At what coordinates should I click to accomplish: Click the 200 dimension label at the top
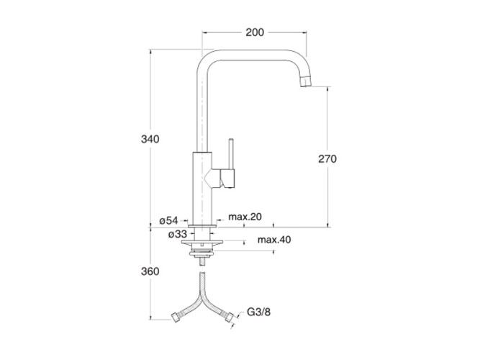pos(255,32)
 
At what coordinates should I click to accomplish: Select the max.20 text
pos(245,217)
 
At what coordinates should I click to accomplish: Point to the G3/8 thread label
pos(258,312)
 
